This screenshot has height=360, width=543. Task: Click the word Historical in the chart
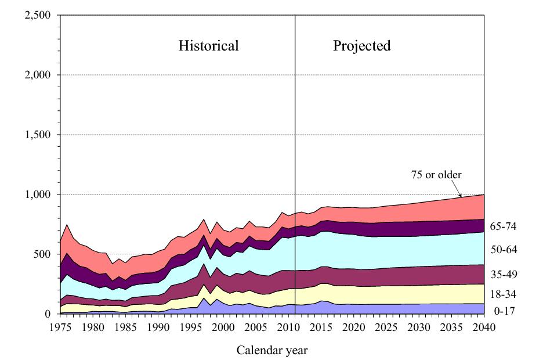[208, 46]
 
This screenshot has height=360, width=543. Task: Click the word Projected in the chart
[361, 46]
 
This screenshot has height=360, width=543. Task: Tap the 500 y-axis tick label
[42, 254]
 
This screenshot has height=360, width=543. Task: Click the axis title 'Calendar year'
[272, 350]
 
